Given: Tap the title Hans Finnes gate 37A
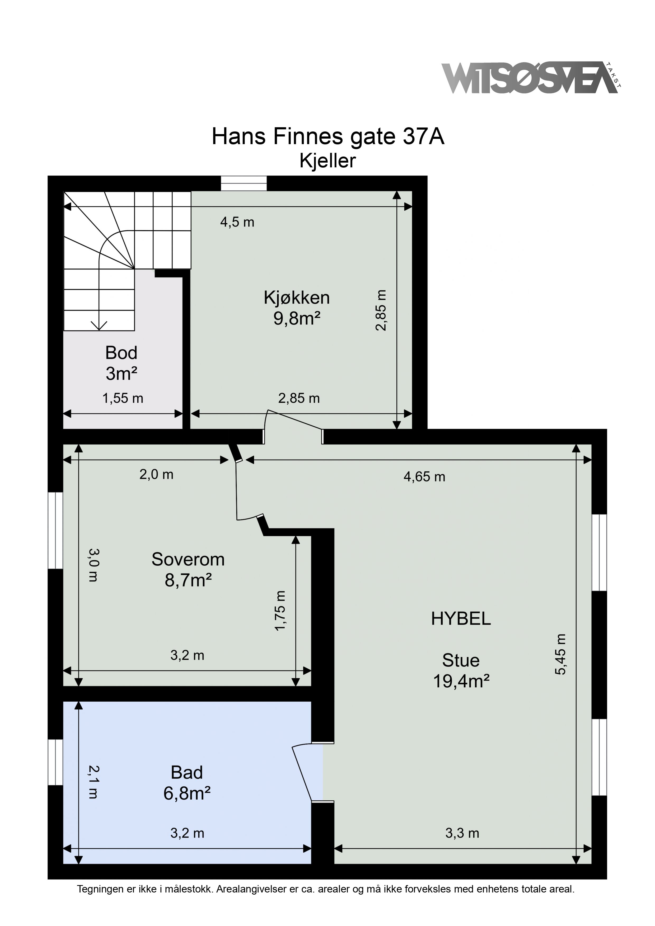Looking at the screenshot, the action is [x=328, y=137].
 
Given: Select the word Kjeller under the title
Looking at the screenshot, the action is [x=328, y=161].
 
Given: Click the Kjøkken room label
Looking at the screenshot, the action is [x=297, y=298].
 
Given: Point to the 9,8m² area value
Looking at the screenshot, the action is [x=297, y=319].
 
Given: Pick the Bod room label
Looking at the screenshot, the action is [x=121, y=353].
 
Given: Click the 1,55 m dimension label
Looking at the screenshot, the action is [x=123, y=399].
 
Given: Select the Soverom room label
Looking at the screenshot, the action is [x=188, y=559].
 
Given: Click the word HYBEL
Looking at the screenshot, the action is [x=461, y=619].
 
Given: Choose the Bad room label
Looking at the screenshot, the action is [x=186, y=772].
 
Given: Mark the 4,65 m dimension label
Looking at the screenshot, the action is [x=424, y=477].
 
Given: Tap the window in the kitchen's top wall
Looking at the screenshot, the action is [x=244, y=183].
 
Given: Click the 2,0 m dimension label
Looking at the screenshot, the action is [x=157, y=474].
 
